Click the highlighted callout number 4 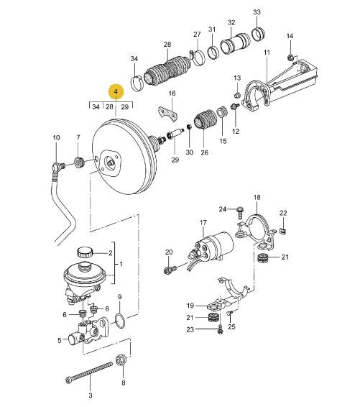click(x=116, y=91)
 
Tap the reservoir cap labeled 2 click(x=85, y=252)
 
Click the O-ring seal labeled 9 click(x=120, y=321)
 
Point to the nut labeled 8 click(x=121, y=360)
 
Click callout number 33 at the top click(x=257, y=12)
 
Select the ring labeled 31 click(x=213, y=52)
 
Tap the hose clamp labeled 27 click(x=197, y=57)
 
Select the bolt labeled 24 click(x=240, y=213)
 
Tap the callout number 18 click(x=257, y=197)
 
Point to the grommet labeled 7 click(x=79, y=163)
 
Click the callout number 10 click(x=56, y=137)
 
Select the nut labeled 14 click(x=290, y=57)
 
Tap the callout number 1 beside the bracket click(x=121, y=264)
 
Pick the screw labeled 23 click(x=220, y=329)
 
